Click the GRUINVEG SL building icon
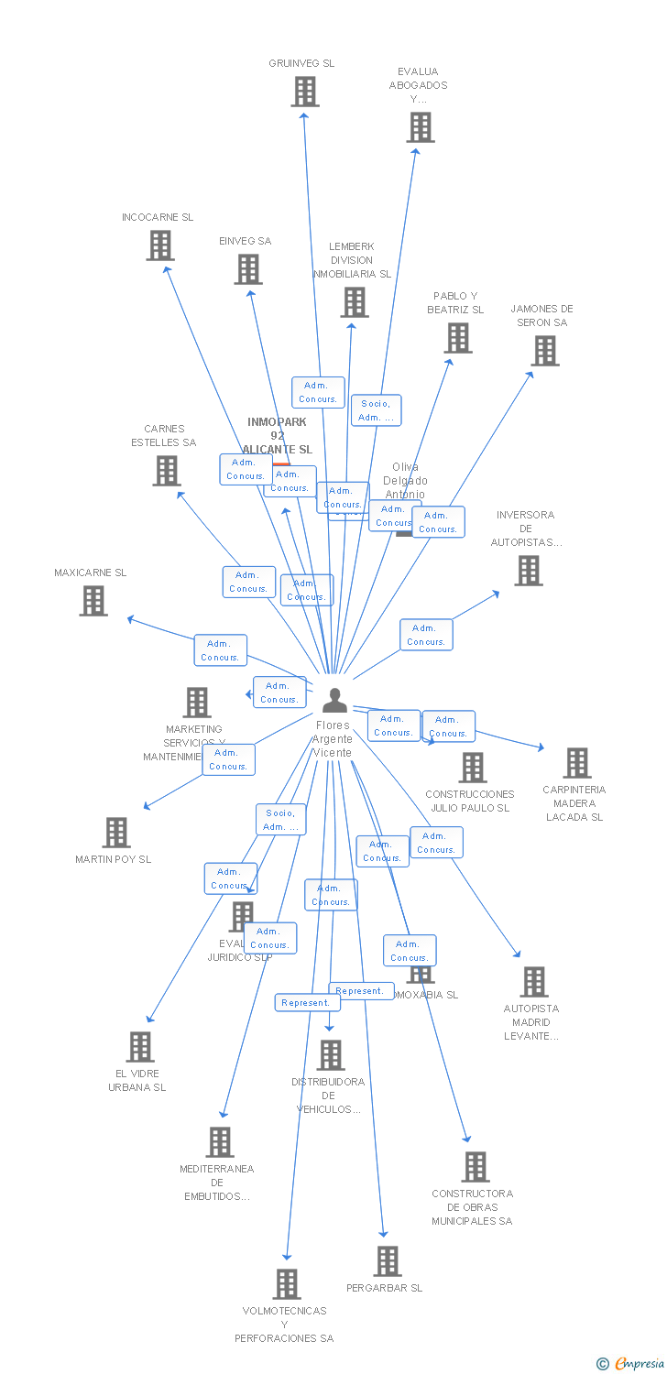point(305,92)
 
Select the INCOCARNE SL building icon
point(160,245)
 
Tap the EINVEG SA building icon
point(248,269)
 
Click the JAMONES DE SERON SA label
point(541,316)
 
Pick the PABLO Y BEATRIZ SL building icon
point(457,338)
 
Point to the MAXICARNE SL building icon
point(93,601)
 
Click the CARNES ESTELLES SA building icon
point(166,471)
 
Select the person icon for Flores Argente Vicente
point(334,701)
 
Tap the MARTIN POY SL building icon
point(116,833)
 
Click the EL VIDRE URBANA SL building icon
point(140,1047)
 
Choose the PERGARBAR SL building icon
point(388,1261)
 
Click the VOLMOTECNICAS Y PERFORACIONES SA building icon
point(287,1284)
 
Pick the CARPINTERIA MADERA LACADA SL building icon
point(576,763)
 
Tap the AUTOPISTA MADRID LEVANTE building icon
point(533,982)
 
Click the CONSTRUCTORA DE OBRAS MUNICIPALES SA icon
point(476,1167)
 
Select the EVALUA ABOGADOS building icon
point(421,127)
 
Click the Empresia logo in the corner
point(632,1364)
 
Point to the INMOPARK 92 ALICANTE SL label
point(277,436)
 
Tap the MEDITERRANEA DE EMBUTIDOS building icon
point(220,1142)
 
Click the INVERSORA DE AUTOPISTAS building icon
point(528,571)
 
